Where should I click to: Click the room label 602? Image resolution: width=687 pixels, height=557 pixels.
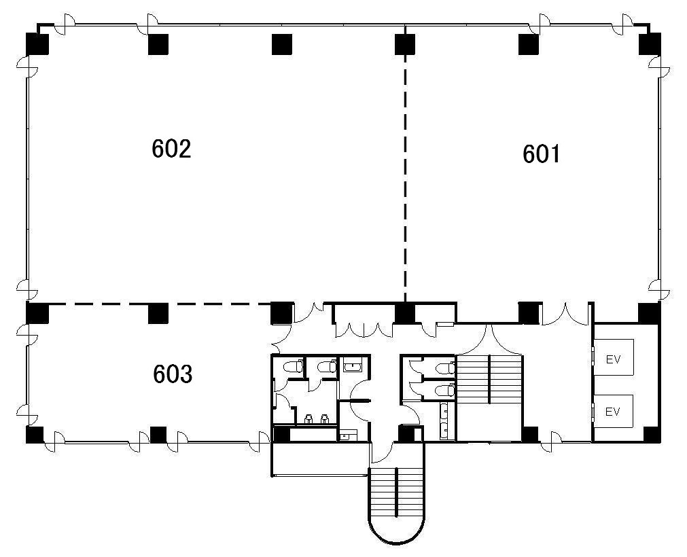[171, 149]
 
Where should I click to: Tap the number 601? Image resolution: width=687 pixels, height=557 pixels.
[542, 154]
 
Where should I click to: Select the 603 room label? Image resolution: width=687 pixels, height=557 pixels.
[173, 374]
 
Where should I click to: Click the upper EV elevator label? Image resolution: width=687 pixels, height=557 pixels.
[614, 359]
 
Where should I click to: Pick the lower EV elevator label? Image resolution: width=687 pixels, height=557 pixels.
[612, 412]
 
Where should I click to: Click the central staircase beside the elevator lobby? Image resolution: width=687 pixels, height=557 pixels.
[490, 379]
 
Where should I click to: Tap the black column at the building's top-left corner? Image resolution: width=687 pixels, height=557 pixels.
[37, 43]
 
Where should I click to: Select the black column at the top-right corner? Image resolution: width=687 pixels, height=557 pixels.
[650, 43]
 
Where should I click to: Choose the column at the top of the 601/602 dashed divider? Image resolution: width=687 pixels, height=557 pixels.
[405, 44]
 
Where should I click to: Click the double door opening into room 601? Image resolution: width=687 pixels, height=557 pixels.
[565, 314]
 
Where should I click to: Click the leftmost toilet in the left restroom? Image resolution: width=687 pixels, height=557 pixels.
[293, 366]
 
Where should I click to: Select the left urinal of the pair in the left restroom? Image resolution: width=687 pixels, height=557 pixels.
[308, 419]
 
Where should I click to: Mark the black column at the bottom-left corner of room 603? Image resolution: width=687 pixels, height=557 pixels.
[35, 434]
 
